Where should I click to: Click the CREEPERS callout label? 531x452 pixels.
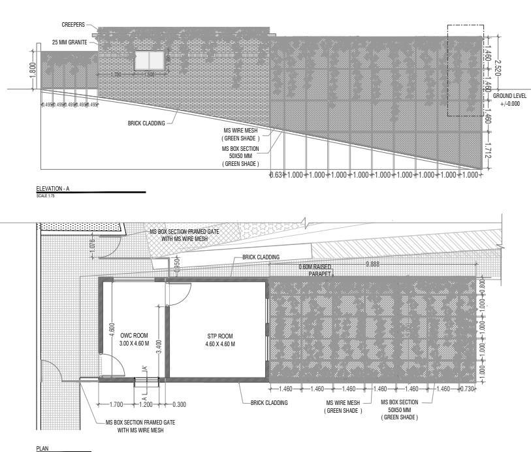tap(73, 25)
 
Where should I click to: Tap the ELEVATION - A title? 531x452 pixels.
tap(53, 189)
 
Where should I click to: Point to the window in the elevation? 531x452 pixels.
tap(149, 61)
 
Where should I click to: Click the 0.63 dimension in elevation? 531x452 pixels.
tap(276, 175)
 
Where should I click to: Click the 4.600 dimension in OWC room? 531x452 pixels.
tap(112, 329)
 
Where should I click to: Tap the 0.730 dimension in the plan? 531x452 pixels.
tap(468, 389)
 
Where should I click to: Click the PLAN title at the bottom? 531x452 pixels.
tap(43, 449)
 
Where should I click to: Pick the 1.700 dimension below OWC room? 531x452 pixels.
tap(116, 404)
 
